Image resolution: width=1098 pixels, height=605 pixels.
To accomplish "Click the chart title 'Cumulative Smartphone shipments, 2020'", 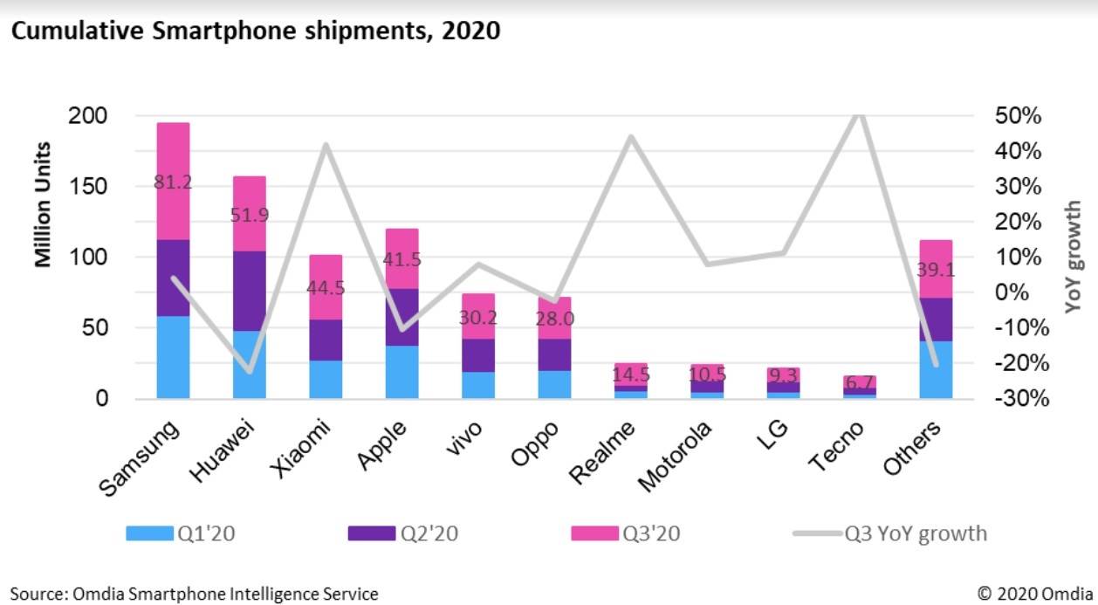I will pos(255,31).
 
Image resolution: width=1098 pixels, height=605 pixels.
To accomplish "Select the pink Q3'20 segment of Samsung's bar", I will pos(173,157).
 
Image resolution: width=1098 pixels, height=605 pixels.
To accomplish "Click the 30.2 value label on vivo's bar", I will pos(478,319).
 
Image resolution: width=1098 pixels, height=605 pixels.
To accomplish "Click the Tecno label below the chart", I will pos(837,446).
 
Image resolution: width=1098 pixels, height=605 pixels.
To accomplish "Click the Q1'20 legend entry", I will pos(179,533).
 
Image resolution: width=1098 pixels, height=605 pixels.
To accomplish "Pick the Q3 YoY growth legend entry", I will pos(915,533).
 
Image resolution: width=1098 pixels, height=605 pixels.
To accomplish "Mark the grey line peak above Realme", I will pos(631,137).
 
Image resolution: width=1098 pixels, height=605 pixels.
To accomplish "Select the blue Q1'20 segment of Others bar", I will pos(936,369).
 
